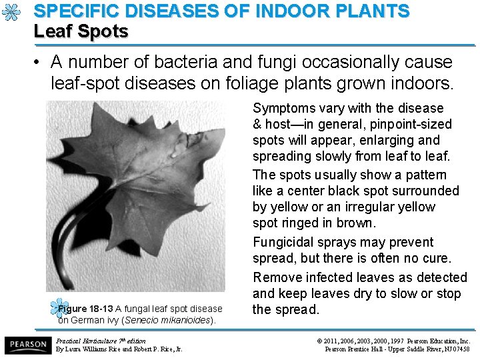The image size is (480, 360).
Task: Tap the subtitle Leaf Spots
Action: pyautogui.click(x=81, y=31)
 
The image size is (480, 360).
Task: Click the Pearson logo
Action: pyautogui.click(x=27, y=345)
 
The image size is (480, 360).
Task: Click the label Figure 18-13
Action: pyautogui.click(x=85, y=309)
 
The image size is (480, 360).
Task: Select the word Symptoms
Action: pyautogui.click(x=285, y=108)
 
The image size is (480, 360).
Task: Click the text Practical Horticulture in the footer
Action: pyautogui.click(x=88, y=341)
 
